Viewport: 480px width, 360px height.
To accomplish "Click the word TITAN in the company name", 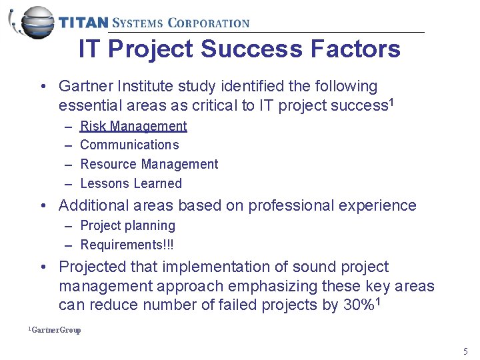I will coord(83,22).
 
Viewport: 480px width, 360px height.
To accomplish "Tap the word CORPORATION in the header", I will coord(209,23).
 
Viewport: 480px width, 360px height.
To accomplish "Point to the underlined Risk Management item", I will coord(133,126).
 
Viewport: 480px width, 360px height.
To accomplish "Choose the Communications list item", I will coord(129,145).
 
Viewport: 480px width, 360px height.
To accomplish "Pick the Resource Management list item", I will coord(149,164).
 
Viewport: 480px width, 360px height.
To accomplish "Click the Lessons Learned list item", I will coord(131,183).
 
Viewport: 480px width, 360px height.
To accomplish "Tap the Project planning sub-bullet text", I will coord(127,226).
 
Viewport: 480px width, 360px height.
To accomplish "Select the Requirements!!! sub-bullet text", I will coord(127,245).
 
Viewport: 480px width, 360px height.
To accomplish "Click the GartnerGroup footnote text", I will coord(56,330).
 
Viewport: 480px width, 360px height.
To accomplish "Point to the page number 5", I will coord(466,351).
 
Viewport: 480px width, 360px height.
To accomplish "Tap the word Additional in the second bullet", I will coord(91,205).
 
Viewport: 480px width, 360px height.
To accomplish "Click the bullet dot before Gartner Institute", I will coord(43,87).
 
